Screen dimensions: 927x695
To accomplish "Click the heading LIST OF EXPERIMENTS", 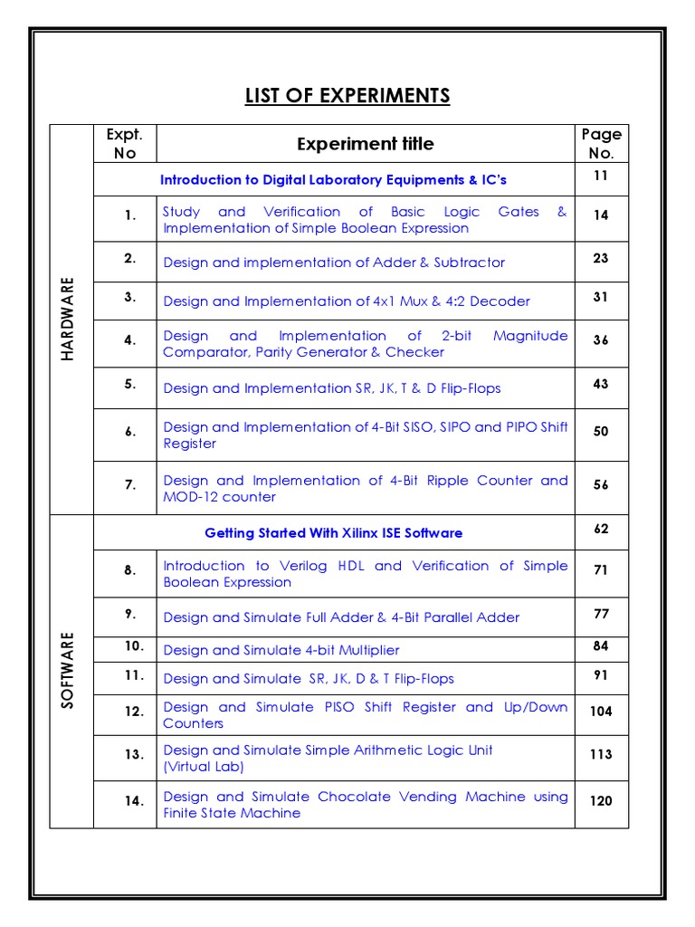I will [347, 96].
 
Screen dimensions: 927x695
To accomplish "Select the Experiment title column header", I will [365, 144].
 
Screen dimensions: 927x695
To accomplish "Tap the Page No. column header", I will [601, 144].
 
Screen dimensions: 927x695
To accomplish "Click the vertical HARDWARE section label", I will [68, 320].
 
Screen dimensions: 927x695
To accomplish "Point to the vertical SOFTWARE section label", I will [68, 671].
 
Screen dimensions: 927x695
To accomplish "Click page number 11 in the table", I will [601, 176].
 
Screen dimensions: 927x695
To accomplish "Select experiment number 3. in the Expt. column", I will [130, 297].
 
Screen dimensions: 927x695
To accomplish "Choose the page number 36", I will [601, 340].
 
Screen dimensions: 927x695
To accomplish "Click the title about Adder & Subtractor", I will [334, 263].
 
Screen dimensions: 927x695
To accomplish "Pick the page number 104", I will [601, 712].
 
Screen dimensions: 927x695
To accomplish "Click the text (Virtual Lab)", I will [204, 767].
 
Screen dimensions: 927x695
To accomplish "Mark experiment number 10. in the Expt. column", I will [134, 646].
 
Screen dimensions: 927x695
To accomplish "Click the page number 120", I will [601, 800].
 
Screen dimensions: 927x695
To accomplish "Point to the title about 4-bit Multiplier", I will [281, 650].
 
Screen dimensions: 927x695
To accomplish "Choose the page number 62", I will [601, 529].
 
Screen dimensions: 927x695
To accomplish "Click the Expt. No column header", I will [125, 144].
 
